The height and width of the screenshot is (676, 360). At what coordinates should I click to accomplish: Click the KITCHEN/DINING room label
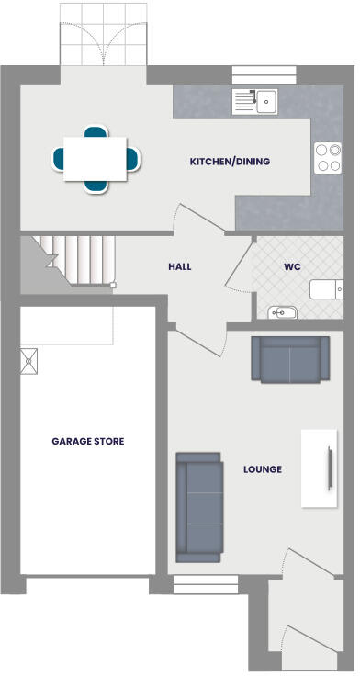[230, 162]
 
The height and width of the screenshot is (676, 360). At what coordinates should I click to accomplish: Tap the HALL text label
[180, 266]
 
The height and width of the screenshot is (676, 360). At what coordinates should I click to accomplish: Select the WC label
[292, 266]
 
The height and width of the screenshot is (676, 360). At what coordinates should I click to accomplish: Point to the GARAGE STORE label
[87, 441]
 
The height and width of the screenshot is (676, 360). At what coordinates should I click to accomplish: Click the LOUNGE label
[263, 469]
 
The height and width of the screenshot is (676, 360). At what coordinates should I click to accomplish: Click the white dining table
[95, 158]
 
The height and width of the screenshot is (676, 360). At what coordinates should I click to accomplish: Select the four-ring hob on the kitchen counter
[328, 157]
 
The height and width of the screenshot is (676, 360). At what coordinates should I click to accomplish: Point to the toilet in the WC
[327, 290]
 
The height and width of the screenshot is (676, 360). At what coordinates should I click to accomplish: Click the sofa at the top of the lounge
[290, 359]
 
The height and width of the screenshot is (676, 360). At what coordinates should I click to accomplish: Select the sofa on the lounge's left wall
[199, 507]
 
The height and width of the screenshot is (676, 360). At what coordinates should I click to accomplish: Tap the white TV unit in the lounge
[321, 468]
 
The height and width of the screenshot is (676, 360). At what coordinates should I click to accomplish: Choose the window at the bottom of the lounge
[203, 580]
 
